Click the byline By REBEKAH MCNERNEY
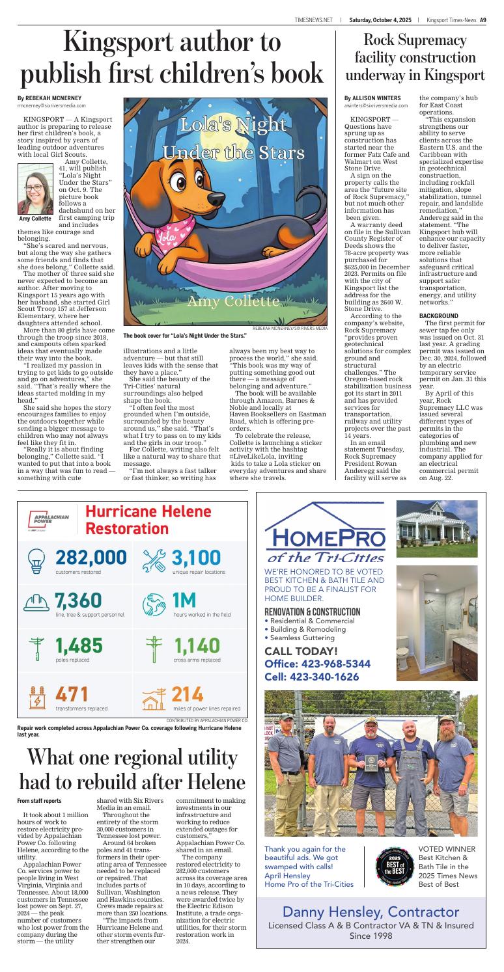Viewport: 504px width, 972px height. tap(49, 98)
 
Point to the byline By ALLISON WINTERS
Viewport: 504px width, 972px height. tap(372, 98)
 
